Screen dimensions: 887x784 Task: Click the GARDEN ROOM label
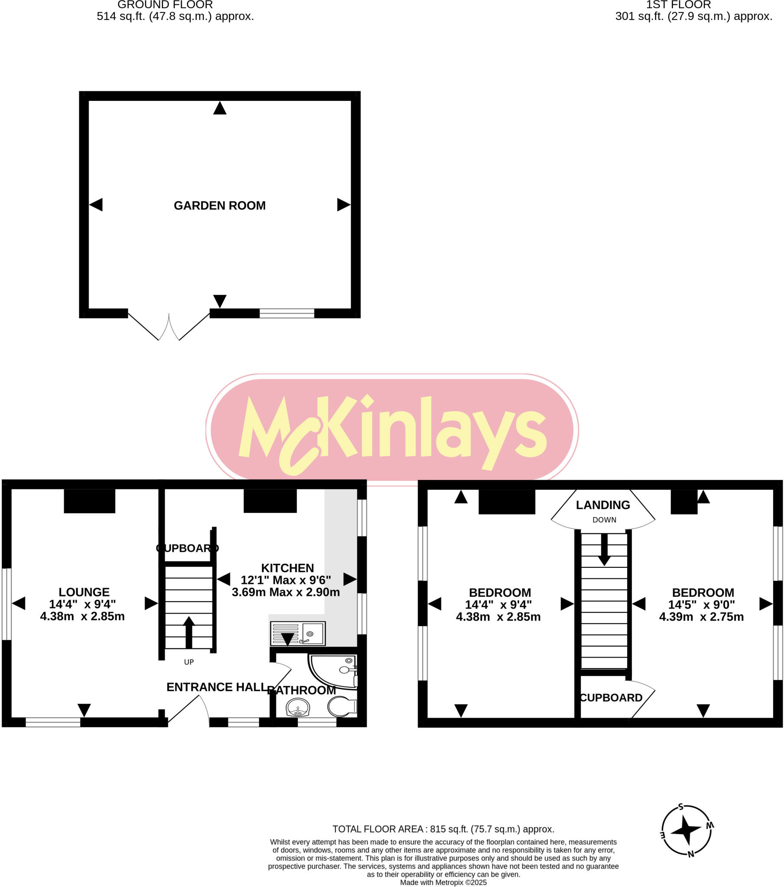tap(219, 205)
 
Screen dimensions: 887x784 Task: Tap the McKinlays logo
tap(392, 430)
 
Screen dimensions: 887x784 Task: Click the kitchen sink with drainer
tap(298, 633)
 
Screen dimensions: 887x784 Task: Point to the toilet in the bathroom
tap(342, 706)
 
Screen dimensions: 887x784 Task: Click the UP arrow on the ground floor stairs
tap(189, 632)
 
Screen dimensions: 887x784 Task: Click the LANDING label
tap(603, 505)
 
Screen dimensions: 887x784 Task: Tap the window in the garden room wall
tap(286, 313)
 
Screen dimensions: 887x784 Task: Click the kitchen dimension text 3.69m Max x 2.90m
tap(285, 592)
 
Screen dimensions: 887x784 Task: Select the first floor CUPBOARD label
tap(611, 697)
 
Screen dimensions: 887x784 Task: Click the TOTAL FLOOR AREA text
tap(443, 829)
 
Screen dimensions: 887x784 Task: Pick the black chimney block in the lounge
tap(89, 501)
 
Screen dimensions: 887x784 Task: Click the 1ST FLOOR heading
tap(678, 5)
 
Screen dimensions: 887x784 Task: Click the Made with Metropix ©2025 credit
tap(443, 882)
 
